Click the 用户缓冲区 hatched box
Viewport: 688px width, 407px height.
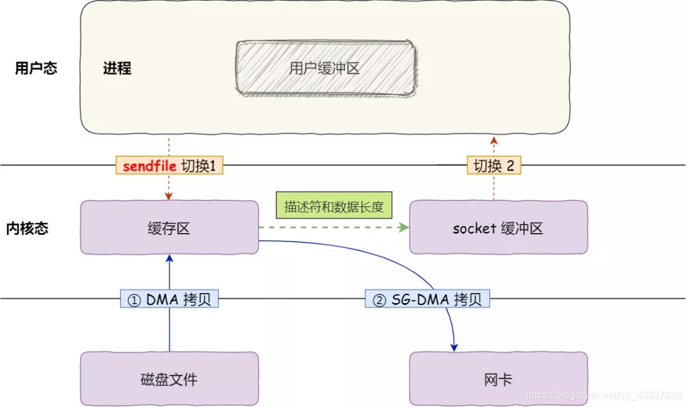click(326, 69)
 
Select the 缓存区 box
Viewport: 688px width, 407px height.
click(169, 228)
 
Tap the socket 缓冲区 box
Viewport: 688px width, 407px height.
click(498, 228)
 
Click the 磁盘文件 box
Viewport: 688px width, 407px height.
click(169, 380)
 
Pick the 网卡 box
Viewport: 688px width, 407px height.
click(498, 380)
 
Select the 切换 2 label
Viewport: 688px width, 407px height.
click(494, 166)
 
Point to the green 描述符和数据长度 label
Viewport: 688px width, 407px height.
click(334, 207)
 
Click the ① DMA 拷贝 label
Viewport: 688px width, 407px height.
click(169, 299)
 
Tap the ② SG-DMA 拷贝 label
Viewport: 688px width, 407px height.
click(427, 299)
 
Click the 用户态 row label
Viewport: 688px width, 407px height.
click(36, 69)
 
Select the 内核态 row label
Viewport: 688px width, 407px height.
click(27, 229)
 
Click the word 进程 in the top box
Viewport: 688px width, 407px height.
click(117, 69)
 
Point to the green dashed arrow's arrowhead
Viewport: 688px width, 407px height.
click(403, 227)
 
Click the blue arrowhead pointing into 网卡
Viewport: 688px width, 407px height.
click(454, 346)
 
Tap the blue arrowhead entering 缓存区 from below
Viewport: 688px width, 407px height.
click(169, 258)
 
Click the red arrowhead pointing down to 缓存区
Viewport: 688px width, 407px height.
click(169, 196)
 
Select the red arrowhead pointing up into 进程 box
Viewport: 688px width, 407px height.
click(494, 139)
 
